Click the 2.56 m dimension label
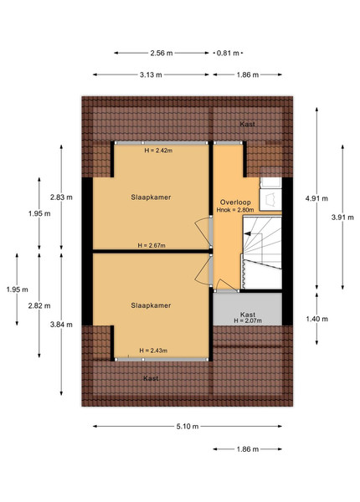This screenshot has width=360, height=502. tap(162, 54)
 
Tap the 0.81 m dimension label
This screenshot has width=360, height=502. tap(228, 54)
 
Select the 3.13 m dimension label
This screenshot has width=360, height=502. tap(151, 75)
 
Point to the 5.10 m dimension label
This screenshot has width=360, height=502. tap(188, 427)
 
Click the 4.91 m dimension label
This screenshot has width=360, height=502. tap(316, 198)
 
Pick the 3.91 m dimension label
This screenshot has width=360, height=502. tap(342, 218)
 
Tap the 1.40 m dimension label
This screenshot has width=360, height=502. tap(316, 319)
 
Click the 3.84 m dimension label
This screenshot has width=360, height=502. tap(61, 325)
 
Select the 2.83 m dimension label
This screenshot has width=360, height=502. tap(61, 197)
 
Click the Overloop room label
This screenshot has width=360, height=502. tap(235, 202)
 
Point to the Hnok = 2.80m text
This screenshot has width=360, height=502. tap(235, 210)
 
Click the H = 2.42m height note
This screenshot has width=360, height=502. tap(158, 150)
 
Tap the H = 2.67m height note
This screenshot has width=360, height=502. tap(152, 245)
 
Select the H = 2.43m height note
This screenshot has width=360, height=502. tap(153, 351)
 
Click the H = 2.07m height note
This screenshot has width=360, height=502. tap(248, 320)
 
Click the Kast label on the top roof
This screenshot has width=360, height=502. tap(248, 124)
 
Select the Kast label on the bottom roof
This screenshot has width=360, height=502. tap(151, 378)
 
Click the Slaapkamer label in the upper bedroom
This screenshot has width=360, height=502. tap(151, 197)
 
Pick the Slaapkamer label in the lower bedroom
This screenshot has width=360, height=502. tap(151, 305)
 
